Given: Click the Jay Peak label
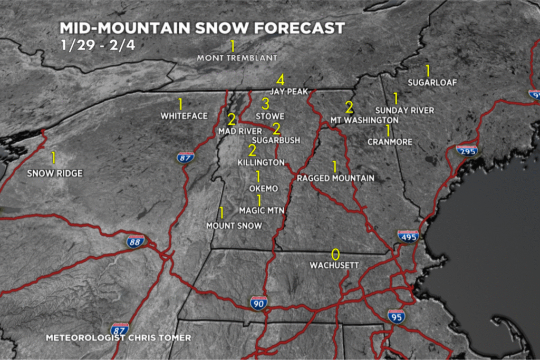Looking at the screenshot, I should [x=290, y=91].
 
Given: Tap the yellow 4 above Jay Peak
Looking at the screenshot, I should [x=281, y=80].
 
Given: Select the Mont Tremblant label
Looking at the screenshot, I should [x=237, y=57].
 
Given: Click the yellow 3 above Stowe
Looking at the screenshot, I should [x=266, y=104].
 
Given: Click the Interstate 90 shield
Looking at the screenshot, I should [x=258, y=303].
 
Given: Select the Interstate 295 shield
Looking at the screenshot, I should [x=467, y=150].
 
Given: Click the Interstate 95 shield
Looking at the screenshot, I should [x=396, y=316].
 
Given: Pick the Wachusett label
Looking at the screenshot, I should [x=334, y=265].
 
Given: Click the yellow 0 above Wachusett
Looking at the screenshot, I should [x=335, y=254].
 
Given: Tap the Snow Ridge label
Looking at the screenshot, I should [x=55, y=173].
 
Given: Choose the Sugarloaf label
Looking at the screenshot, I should [x=432, y=82].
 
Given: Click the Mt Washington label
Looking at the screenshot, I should [x=364, y=120].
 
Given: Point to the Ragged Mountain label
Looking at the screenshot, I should [x=335, y=178].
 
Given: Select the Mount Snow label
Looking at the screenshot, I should [x=234, y=226].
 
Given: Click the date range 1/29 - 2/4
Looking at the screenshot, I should [x=98, y=45].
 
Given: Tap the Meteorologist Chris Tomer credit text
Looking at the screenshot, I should [x=119, y=337].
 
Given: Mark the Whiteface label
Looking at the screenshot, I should [x=184, y=115].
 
